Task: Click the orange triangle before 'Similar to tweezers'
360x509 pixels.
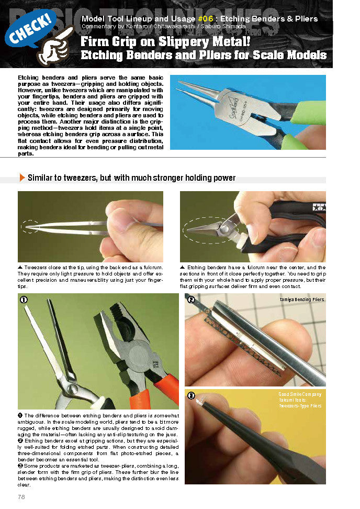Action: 22,178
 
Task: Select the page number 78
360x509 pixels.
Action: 21,496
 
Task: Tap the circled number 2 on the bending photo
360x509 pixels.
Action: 191,300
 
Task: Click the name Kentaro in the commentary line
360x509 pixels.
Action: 129,26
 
